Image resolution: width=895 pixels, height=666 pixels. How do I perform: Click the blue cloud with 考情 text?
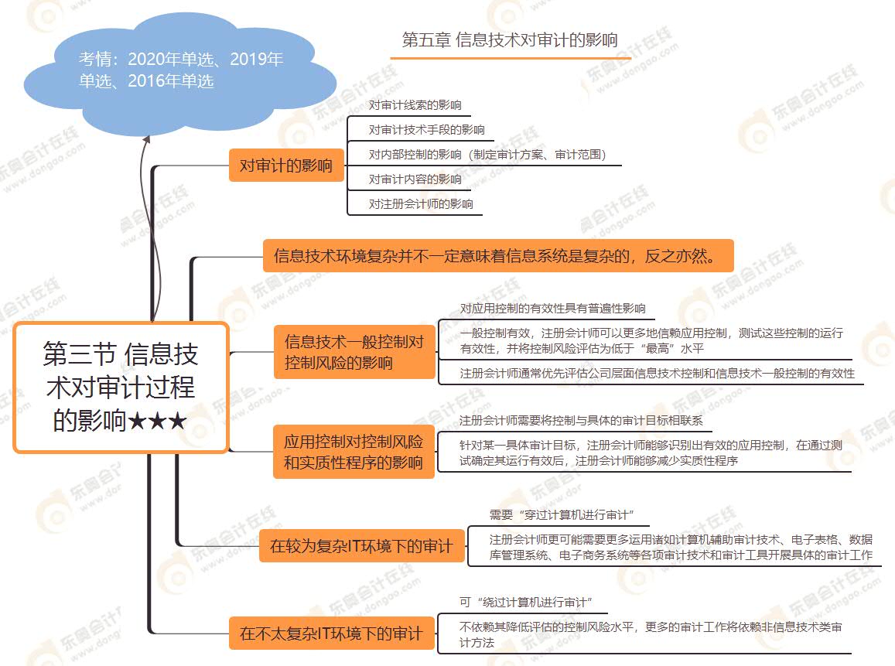tap(181, 70)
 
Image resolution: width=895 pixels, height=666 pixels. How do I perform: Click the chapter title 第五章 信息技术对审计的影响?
tap(510, 40)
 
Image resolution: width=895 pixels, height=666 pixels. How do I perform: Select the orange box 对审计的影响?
tap(285, 166)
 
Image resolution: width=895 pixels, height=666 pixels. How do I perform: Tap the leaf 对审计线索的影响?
tap(415, 104)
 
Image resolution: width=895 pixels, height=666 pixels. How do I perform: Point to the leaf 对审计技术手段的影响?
tap(426, 129)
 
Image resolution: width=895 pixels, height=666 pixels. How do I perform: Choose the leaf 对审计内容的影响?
tap(415, 179)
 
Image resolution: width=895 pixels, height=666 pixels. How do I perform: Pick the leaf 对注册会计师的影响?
tap(420, 204)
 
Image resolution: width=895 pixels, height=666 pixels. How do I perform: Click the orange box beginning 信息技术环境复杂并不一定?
tap(497, 255)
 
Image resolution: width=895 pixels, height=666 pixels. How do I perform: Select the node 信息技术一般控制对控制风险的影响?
tap(354, 352)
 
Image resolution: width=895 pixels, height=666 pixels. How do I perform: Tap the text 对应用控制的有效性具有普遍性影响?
tap(552, 308)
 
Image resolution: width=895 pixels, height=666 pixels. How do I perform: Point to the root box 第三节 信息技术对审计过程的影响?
tap(121, 388)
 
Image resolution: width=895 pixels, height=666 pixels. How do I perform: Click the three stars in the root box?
tap(158, 422)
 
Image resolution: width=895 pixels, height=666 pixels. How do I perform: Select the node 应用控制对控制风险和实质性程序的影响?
tap(354, 453)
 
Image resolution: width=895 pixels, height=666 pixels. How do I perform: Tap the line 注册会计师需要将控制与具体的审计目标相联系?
tap(581, 421)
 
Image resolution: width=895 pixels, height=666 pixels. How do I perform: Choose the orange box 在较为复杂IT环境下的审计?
tap(361, 546)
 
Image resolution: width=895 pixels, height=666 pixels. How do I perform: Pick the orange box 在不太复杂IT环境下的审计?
tap(331, 634)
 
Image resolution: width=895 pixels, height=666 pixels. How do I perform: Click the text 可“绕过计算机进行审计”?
tap(525, 602)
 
